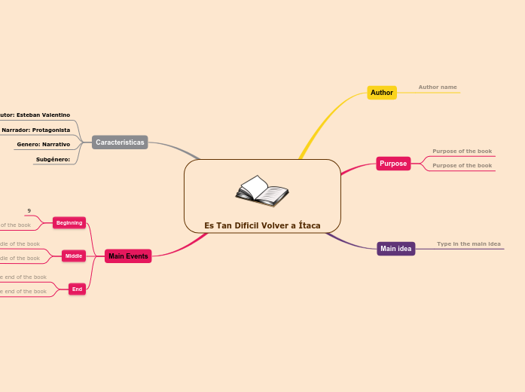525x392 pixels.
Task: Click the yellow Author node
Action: coord(382,93)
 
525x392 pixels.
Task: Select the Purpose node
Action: coord(393,164)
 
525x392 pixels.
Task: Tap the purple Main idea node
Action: coord(395,249)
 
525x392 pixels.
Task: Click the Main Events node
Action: coord(128,256)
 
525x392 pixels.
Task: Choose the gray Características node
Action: coord(120,142)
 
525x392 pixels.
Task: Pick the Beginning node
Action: coord(69,222)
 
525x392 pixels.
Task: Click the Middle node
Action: coord(74,256)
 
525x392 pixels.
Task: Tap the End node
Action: coord(76,289)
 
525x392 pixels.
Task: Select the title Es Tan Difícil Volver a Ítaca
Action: coord(262,225)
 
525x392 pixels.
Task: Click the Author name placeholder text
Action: coord(438,87)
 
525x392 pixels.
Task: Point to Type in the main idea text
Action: coord(469,244)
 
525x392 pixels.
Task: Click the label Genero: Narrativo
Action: coord(44,144)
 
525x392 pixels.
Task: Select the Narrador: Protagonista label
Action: coord(36,130)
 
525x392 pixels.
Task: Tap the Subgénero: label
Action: coord(53,159)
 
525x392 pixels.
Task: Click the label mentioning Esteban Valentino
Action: coord(35,115)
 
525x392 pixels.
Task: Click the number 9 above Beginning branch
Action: coord(29,210)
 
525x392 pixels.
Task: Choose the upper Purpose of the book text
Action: coord(462,152)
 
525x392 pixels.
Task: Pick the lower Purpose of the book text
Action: coord(462,166)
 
